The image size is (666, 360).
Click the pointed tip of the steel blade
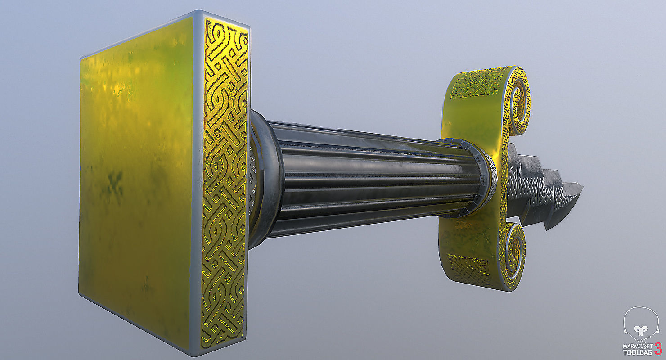(581, 185)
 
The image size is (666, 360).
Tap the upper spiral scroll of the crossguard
(516, 100)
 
